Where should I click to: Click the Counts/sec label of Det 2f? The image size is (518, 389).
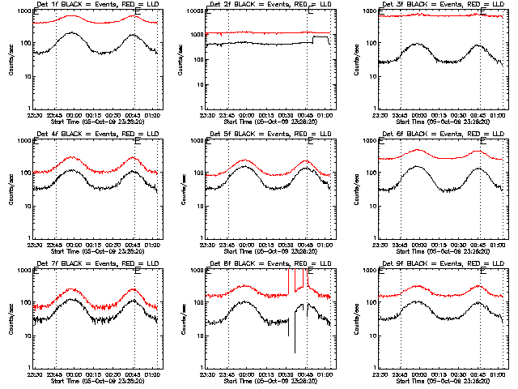click(184, 59)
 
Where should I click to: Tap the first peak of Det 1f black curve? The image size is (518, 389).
click(73, 33)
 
